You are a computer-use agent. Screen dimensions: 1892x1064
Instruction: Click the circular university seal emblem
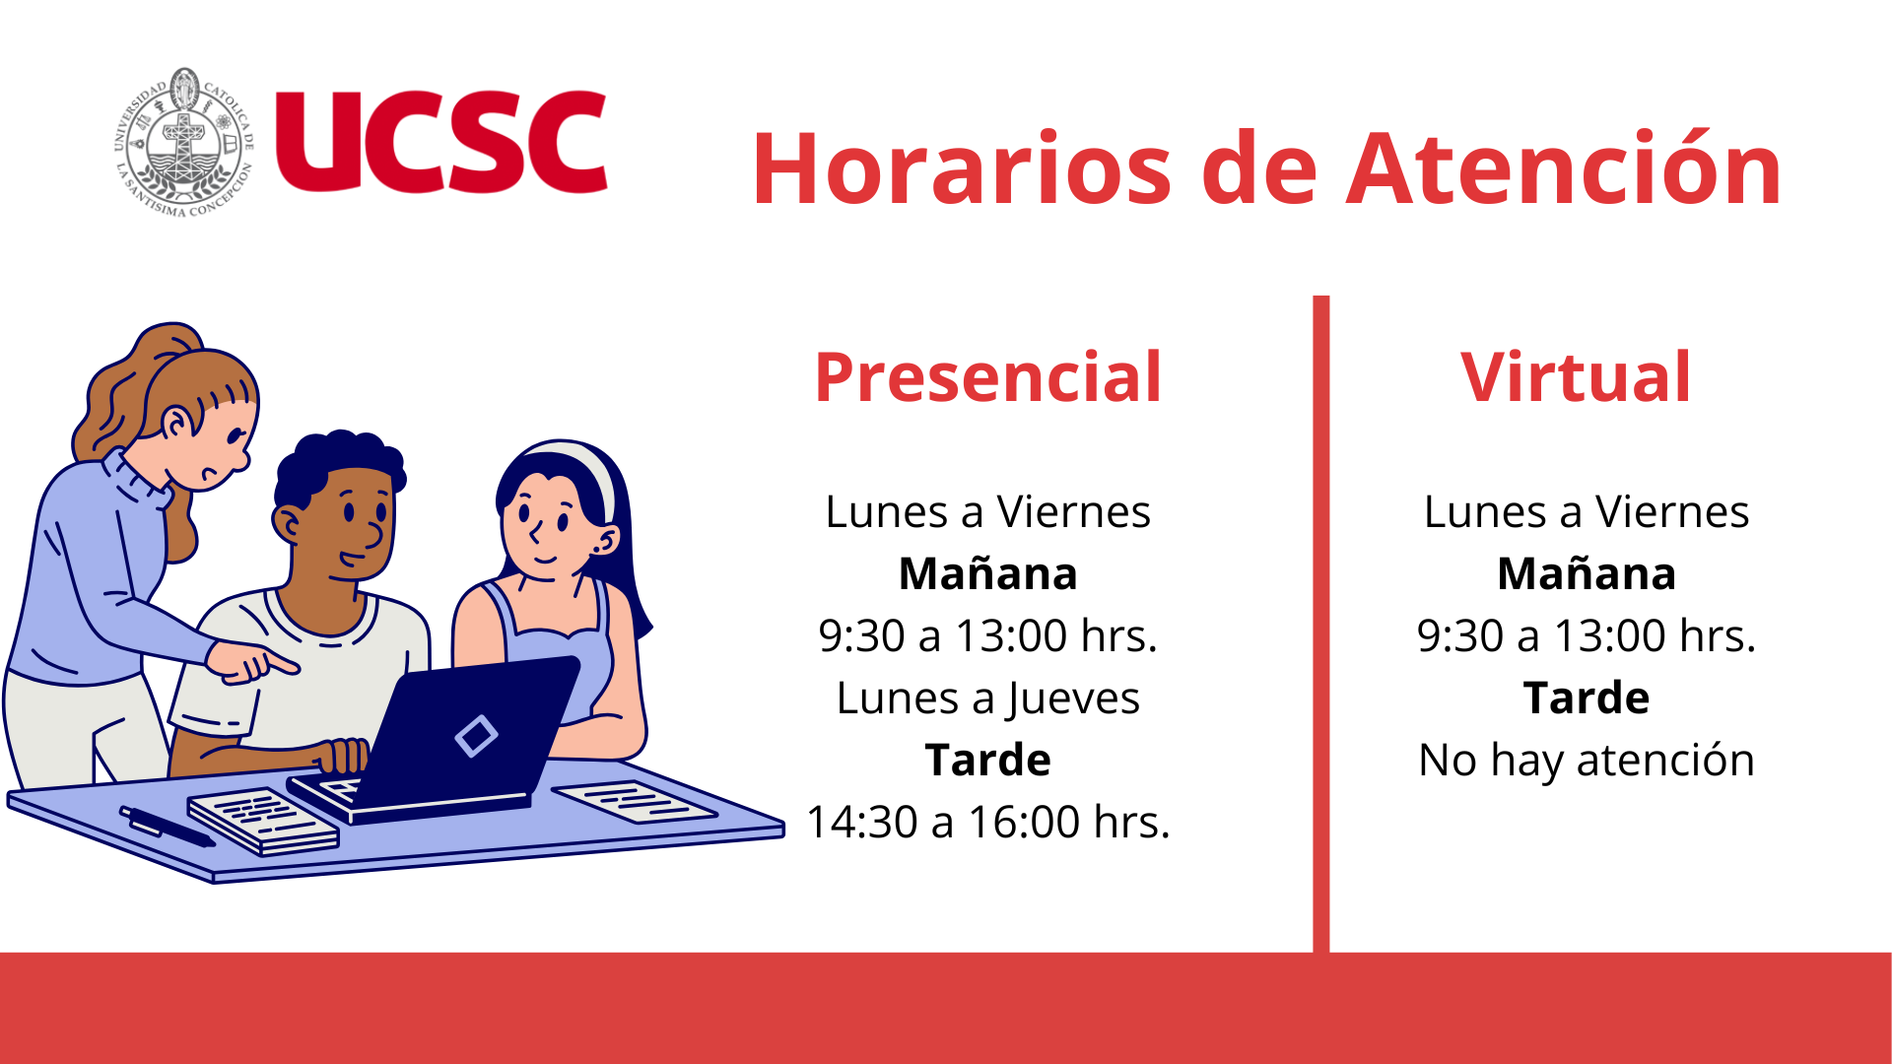tap(184, 143)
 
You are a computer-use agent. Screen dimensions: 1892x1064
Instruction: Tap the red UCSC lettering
tap(441, 142)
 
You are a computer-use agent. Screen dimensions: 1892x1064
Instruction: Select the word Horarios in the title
tap(962, 168)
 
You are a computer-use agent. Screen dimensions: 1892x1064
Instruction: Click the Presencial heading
tap(988, 376)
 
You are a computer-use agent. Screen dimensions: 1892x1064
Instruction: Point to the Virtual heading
tap(1576, 376)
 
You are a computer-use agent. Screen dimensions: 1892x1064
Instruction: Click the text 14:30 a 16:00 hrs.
tap(988, 822)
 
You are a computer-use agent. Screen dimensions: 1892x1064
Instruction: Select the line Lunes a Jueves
tap(988, 698)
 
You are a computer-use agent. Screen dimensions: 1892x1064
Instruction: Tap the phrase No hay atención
tap(1587, 761)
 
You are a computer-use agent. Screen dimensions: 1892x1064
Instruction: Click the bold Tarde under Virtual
tap(1587, 698)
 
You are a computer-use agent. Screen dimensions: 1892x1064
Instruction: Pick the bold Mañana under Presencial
tap(988, 573)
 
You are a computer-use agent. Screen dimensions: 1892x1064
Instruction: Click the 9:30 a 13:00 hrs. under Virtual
tap(1587, 635)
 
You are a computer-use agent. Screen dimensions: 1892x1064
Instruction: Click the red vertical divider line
tap(1321, 624)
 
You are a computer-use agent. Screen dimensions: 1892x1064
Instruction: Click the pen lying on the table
tap(168, 827)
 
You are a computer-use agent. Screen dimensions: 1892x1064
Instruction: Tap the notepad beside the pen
tap(262, 821)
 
